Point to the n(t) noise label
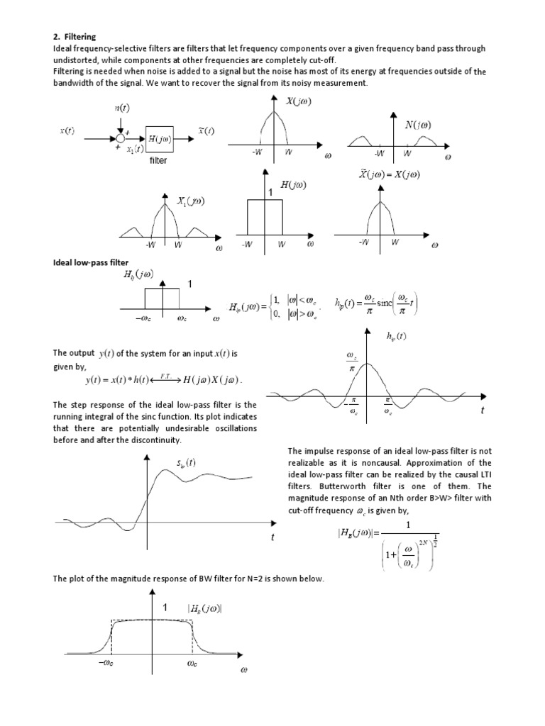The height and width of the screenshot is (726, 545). tap(122, 108)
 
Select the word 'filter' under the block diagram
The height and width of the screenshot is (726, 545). tap(158, 161)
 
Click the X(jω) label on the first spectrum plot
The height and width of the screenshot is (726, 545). tap(298, 101)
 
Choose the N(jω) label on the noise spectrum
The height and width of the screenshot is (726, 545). tap(417, 125)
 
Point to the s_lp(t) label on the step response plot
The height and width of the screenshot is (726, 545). tap(186, 464)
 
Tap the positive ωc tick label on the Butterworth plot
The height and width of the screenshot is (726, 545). tap(193, 664)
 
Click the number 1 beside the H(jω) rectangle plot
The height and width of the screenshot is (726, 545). tap(270, 193)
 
